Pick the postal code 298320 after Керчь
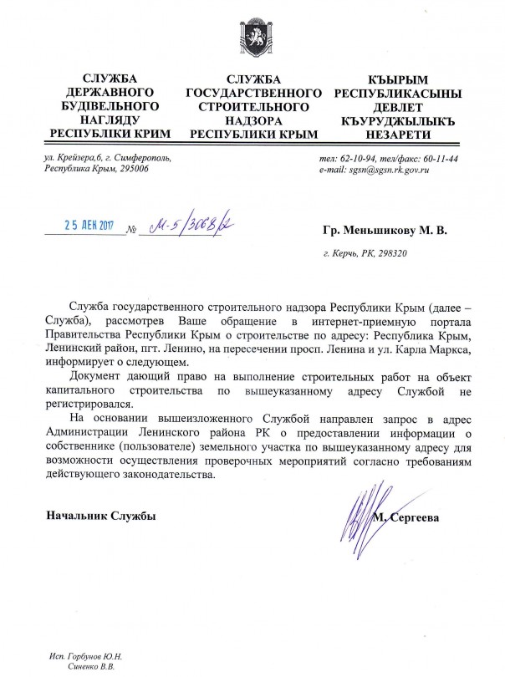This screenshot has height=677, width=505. pos(390,253)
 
